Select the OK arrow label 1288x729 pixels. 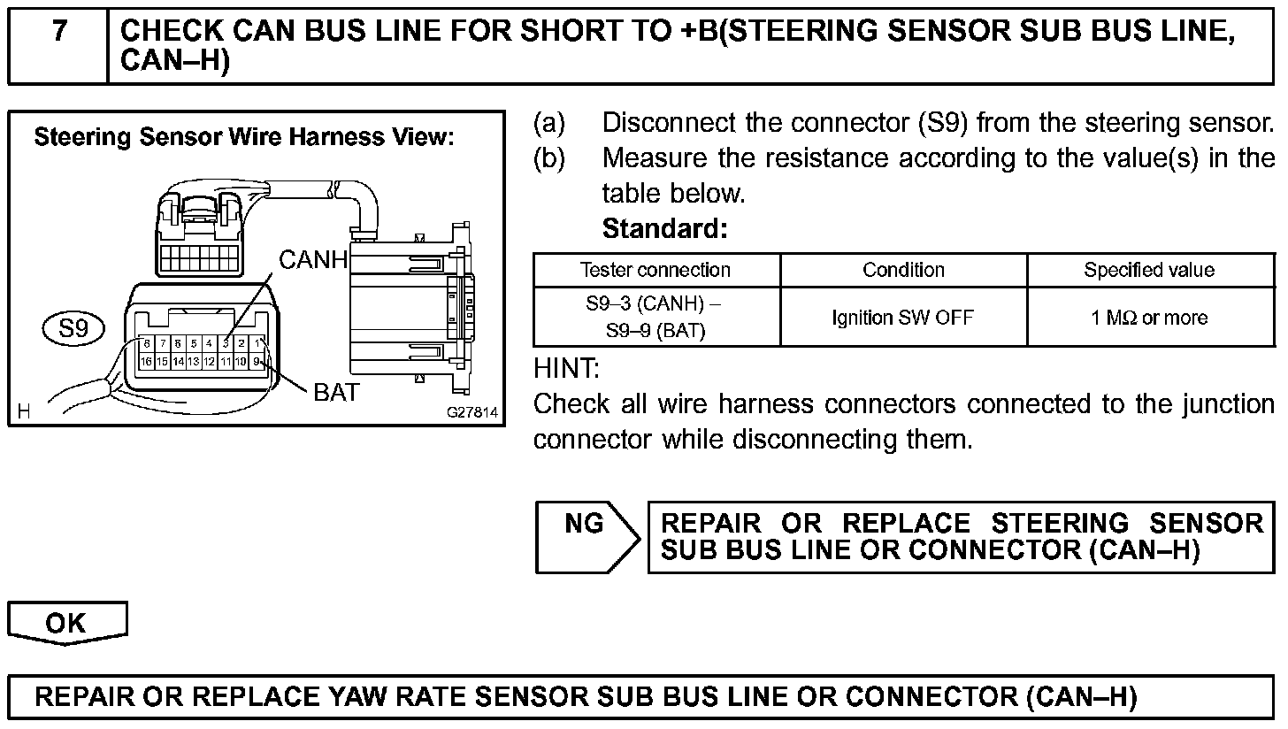click(66, 623)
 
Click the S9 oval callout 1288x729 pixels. click(73, 329)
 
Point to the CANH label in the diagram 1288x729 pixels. click(314, 260)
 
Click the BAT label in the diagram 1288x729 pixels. click(336, 393)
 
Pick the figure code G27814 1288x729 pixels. click(472, 412)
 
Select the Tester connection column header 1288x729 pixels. click(655, 271)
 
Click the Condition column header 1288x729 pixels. click(903, 271)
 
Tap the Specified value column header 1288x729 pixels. click(1149, 271)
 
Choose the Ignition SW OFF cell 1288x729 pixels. click(902, 317)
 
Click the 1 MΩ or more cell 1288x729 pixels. click(1149, 317)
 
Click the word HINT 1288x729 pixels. click(567, 367)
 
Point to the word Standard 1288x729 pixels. click(664, 229)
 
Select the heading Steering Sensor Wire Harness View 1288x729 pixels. click(243, 138)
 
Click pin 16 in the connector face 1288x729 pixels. click(147, 362)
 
